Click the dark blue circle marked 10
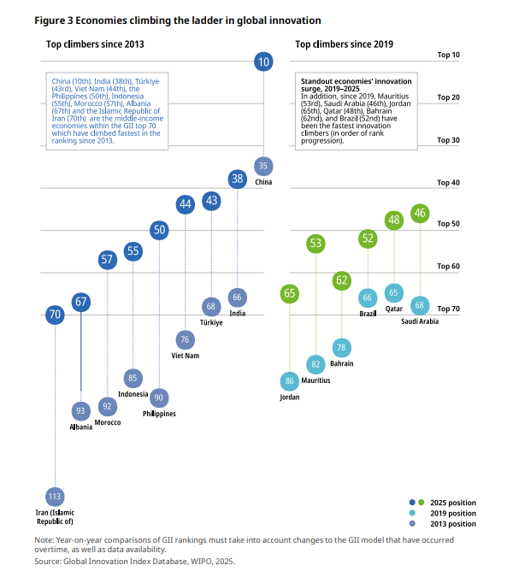(264, 62)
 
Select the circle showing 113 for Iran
(55, 496)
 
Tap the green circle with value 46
(420, 214)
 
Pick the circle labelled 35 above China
(264, 165)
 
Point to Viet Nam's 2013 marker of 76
(185, 338)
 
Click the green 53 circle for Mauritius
(316, 244)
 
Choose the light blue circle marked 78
(342, 348)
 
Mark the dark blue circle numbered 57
(107, 260)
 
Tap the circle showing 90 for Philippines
(159, 397)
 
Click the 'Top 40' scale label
(448, 183)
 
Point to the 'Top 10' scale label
(448, 55)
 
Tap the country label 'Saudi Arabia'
(420, 321)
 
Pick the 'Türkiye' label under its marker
(211, 322)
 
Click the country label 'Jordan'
(290, 397)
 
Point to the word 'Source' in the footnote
(48, 561)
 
